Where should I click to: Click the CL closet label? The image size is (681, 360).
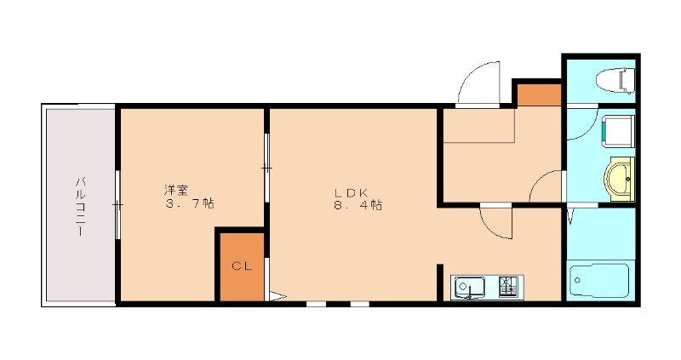[242, 266]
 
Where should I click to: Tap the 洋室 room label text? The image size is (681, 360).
[177, 188]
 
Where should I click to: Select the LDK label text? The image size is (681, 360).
[350, 191]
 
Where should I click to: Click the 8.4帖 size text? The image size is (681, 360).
[358, 205]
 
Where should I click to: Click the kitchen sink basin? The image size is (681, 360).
[468, 288]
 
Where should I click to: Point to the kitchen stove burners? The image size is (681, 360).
[509, 287]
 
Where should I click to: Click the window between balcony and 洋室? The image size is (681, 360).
[117, 204]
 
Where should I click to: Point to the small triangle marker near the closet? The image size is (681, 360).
[275, 297]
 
